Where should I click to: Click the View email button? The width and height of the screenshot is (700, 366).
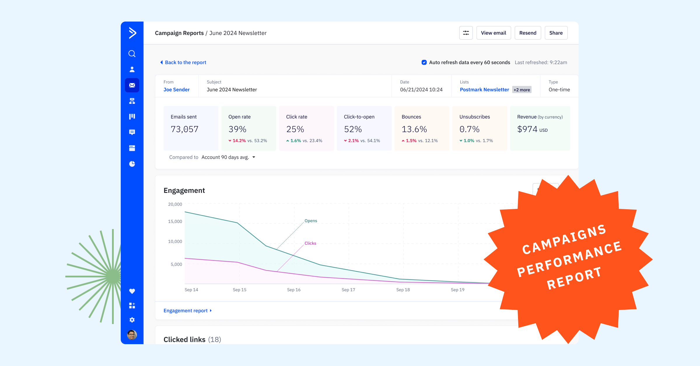pyautogui.click(x=494, y=33)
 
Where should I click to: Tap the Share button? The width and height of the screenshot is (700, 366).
pyautogui.click(x=556, y=33)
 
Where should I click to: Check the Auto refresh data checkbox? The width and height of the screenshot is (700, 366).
pyautogui.click(x=424, y=62)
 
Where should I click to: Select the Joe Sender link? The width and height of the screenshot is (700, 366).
pyautogui.click(x=176, y=90)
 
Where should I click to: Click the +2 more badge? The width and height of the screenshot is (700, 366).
pyautogui.click(x=522, y=90)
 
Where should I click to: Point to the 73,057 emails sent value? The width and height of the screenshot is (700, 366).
pyautogui.click(x=185, y=129)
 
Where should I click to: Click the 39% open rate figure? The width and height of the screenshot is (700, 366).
pyautogui.click(x=237, y=129)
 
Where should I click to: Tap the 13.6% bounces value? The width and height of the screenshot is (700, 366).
pyautogui.click(x=414, y=129)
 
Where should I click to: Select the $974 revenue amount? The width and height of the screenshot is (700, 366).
pyautogui.click(x=527, y=129)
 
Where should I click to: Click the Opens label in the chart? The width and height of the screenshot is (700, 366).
pyautogui.click(x=311, y=221)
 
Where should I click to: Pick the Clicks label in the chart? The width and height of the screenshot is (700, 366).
pyautogui.click(x=310, y=243)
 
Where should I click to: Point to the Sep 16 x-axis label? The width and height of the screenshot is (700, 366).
pyautogui.click(x=294, y=290)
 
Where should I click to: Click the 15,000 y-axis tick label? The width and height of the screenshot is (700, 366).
pyautogui.click(x=175, y=221)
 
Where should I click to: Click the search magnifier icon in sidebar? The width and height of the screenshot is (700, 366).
pyautogui.click(x=132, y=54)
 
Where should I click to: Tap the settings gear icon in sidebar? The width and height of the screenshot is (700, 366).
pyautogui.click(x=132, y=320)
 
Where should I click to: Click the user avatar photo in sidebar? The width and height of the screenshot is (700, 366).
pyautogui.click(x=132, y=335)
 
